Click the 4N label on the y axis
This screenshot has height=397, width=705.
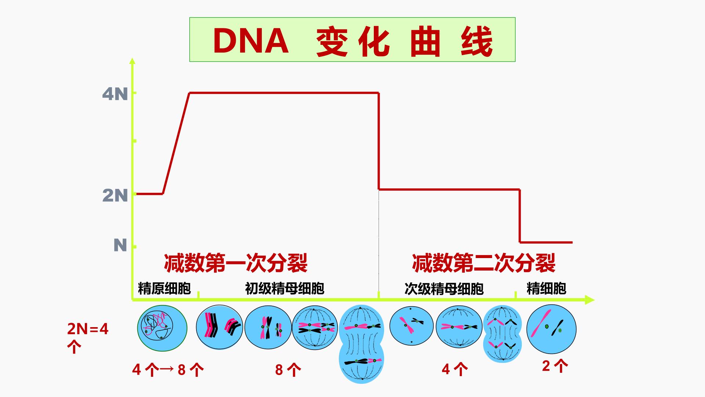click(x=115, y=94)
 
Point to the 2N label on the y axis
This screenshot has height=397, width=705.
click(x=115, y=196)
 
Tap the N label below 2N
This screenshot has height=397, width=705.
click(x=120, y=245)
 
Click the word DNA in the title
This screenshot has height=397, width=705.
click(x=251, y=41)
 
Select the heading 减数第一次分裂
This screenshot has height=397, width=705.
click(x=236, y=263)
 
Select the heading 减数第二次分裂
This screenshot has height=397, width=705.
click(x=484, y=263)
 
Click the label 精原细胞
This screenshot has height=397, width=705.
click(x=164, y=289)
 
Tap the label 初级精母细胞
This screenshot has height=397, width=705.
click(x=285, y=289)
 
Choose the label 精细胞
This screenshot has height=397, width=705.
click(x=546, y=288)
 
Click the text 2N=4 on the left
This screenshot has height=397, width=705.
click(x=88, y=329)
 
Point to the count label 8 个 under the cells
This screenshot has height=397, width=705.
click(x=288, y=370)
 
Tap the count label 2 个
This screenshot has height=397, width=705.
click(x=555, y=366)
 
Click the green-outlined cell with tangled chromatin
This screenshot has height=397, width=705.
click(x=162, y=328)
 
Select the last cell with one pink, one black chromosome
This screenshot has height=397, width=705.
click(x=551, y=329)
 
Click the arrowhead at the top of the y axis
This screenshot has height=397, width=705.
click(x=133, y=61)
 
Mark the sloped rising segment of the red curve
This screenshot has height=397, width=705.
click(x=176, y=143)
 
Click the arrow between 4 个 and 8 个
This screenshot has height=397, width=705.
click(x=166, y=369)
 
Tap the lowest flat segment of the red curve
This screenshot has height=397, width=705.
click(x=546, y=242)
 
